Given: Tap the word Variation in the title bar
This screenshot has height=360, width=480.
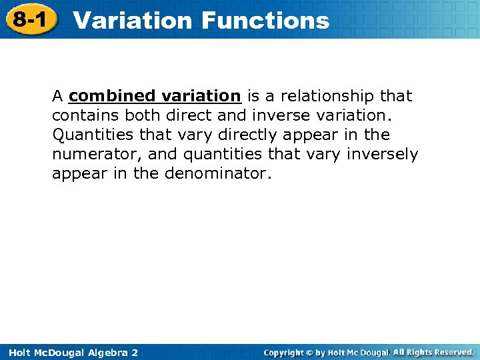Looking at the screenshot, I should click(x=133, y=20).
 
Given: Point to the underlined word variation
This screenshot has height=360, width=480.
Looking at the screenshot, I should click(x=201, y=96).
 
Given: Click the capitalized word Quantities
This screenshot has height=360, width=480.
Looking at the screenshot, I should click(x=93, y=135).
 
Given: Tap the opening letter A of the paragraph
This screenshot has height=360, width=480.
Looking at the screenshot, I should click(x=57, y=96).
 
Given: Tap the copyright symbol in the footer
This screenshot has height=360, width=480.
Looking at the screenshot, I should click(x=311, y=352).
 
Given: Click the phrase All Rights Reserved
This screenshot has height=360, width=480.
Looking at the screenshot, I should click(x=433, y=352).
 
